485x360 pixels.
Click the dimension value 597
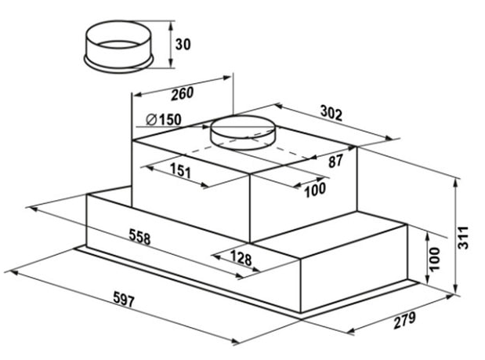[x=124, y=300]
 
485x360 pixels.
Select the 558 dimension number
[x=139, y=237]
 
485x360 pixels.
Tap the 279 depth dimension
[x=404, y=321]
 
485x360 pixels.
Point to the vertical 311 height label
[x=463, y=238]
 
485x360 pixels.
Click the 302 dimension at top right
[x=331, y=113]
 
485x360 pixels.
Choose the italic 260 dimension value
[x=183, y=93]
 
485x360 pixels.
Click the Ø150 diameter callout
[x=163, y=120]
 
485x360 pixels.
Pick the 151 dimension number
[x=181, y=170]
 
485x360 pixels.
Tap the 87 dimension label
[x=335, y=161]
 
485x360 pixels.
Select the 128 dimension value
[x=241, y=257]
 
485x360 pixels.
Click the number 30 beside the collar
[x=183, y=45]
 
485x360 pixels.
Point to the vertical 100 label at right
[x=434, y=259]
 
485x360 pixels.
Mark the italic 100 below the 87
[x=315, y=190]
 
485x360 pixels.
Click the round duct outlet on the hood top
[x=243, y=133]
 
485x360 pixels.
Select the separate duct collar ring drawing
[x=118, y=47]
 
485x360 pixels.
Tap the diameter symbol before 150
[x=151, y=119]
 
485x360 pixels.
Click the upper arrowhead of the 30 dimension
[x=170, y=25]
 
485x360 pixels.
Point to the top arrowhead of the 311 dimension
[x=455, y=183]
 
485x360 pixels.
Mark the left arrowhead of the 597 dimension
[x=14, y=272]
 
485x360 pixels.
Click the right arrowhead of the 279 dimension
[x=450, y=296]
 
